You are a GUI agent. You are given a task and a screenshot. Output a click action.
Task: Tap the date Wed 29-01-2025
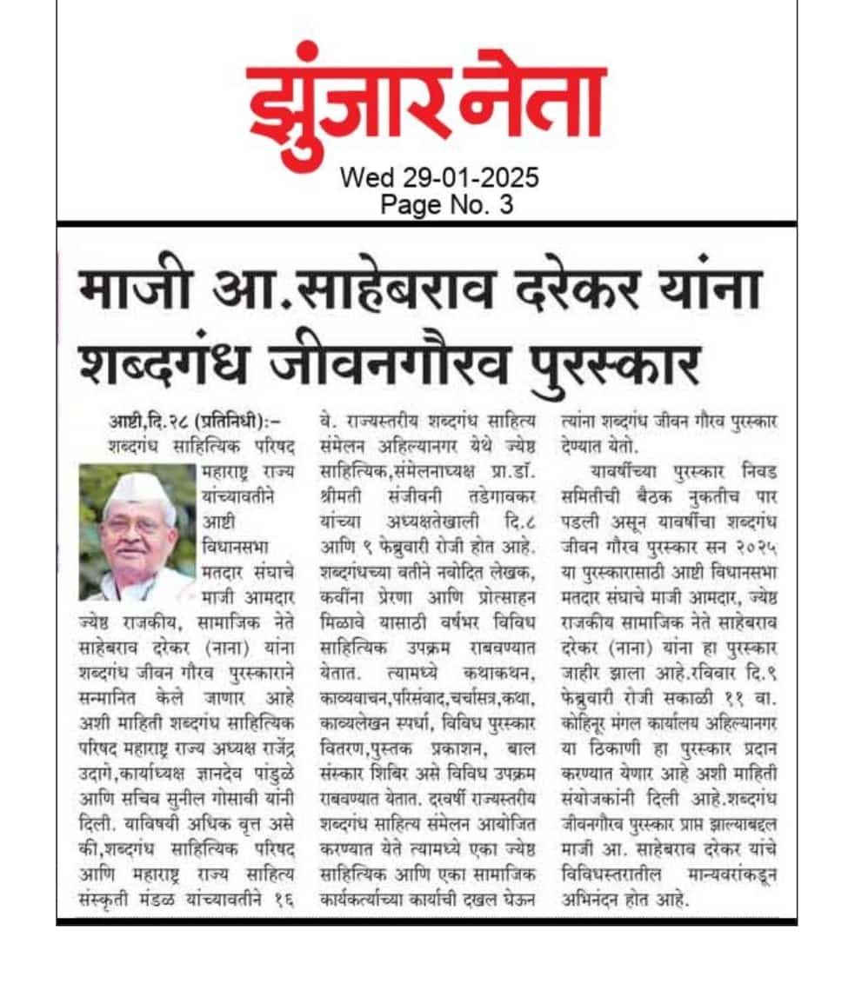(439, 177)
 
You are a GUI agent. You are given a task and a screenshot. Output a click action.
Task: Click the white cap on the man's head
(140, 489)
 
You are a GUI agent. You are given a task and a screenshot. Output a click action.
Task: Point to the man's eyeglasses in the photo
(135, 525)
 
